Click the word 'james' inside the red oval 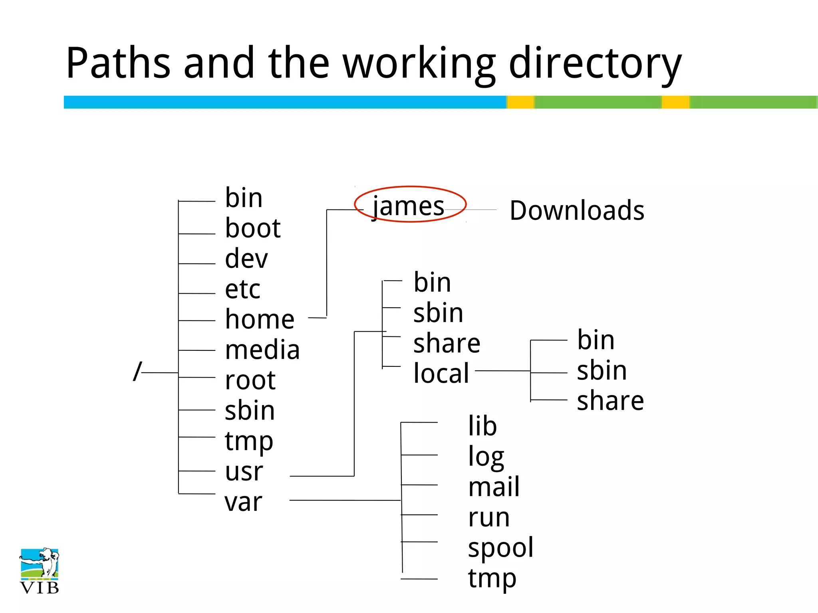[x=408, y=207]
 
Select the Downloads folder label [x=577, y=210]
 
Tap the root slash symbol [x=137, y=372]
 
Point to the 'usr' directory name [x=244, y=472]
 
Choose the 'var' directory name [x=243, y=502]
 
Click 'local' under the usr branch [x=441, y=373]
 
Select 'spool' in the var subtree [x=500, y=548]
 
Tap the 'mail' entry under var [x=494, y=487]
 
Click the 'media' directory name [x=262, y=350]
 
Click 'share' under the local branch [x=610, y=401]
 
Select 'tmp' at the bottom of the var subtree [x=492, y=579]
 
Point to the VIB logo [x=39, y=571]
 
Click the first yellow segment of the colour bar [x=521, y=102]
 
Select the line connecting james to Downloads [x=475, y=210]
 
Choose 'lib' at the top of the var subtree [x=482, y=426]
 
